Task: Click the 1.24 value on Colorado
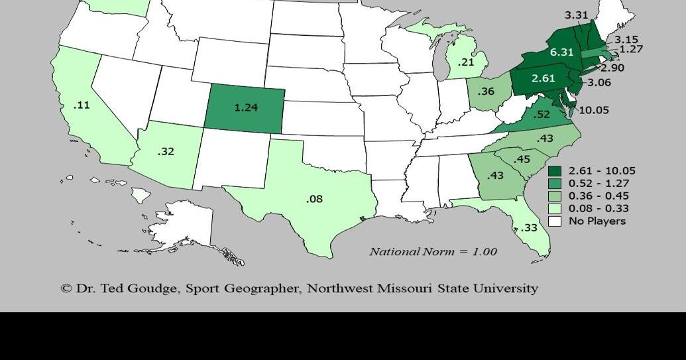[246, 107]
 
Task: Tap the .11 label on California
[82, 105]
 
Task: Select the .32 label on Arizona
[166, 151]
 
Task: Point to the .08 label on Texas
[315, 198]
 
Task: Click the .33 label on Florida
[528, 227]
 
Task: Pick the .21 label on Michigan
[466, 62]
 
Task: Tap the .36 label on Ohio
[486, 91]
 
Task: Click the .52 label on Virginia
[542, 114]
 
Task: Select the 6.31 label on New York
[561, 52]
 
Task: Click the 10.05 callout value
[593, 110]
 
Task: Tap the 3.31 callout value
[577, 15]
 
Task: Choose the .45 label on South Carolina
[522, 158]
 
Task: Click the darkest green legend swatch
[555, 171]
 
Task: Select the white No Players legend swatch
[555, 221]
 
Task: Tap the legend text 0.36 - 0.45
[599, 196]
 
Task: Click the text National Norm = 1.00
[433, 251]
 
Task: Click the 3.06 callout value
[599, 82]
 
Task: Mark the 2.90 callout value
[612, 68]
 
